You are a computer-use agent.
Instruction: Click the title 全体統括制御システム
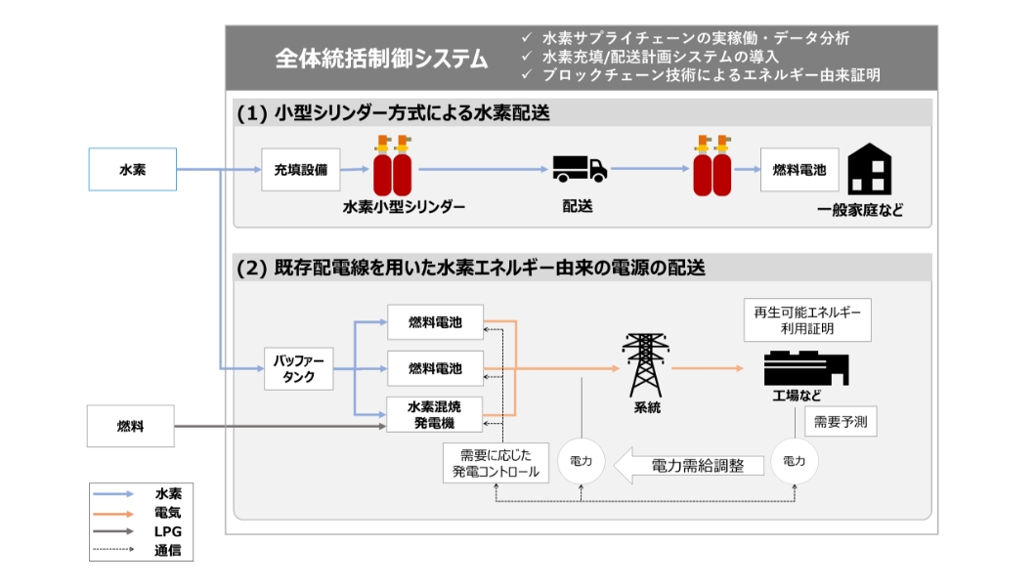tap(381, 58)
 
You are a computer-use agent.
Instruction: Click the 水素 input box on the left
tap(133, 169)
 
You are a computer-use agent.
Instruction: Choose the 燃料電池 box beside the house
tap(794, 169)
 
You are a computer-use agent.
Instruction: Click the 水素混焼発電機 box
tap(435, 414)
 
